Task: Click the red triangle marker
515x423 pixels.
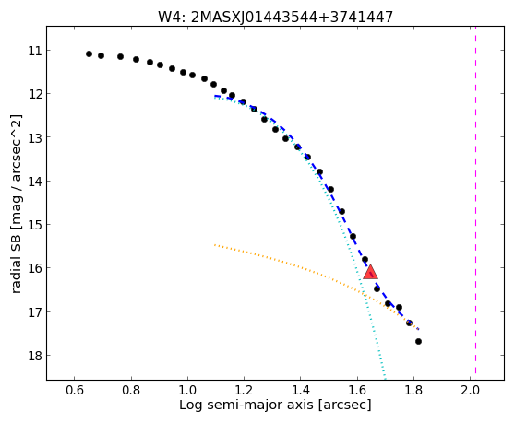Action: [370, 272]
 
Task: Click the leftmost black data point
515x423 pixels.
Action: [89, 53]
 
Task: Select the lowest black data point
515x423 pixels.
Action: [418, 341]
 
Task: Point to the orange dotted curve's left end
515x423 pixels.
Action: [214, 244]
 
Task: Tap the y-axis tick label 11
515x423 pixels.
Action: [35, 51]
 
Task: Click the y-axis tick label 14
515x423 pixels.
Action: [35, 182]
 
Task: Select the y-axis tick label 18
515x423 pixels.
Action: [35, 356]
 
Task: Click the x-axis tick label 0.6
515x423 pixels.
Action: [74, 390]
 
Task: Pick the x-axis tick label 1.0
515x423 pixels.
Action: [187, 390]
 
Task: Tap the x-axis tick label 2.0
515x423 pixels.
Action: [470, 390]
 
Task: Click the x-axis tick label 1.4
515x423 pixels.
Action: [301, 390]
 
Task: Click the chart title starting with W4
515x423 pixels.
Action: [275, 17]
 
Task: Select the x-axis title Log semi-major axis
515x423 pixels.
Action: [275, 405]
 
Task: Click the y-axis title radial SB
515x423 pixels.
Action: [16, 204]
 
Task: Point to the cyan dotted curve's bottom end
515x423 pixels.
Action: [385, 379]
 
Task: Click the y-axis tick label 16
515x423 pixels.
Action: [35, 268]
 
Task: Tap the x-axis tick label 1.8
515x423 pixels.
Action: [413, 390]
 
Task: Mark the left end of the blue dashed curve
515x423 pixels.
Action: [215, 96]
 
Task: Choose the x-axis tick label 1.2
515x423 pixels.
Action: [244, 390]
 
